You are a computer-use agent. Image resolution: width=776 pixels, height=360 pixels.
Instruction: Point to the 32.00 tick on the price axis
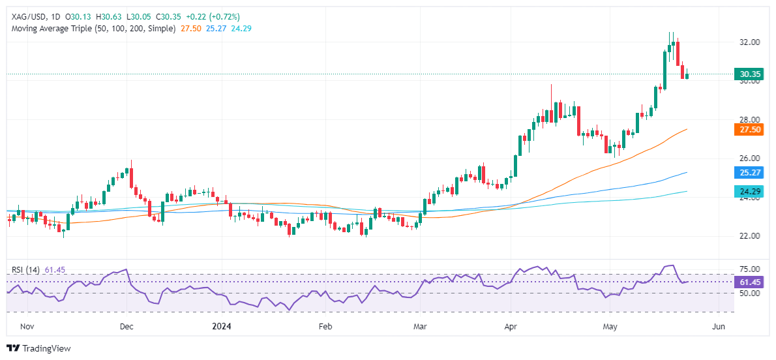pyautogui.click(x=749, y=42)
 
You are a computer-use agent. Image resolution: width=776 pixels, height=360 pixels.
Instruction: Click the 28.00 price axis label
pyautogui.click(x=749, y=120)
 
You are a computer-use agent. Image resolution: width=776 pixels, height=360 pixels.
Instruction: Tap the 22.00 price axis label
pyautogui.click(x=749, y=236)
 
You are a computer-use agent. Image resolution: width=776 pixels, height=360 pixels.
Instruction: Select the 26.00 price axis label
pyautogui.click(x=749, y=158)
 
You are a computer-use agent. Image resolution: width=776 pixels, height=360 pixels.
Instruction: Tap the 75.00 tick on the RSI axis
pyautogui.click(x=747, y=269)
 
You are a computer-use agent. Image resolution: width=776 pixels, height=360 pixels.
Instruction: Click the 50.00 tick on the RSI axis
pyautogui.click(x=747, y=293)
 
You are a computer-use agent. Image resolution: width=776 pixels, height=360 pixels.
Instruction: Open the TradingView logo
pyautogui.click(x=38, y=348)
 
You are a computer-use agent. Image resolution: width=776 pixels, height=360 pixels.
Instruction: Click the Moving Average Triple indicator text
pyautogui.click(x=92, y=29)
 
